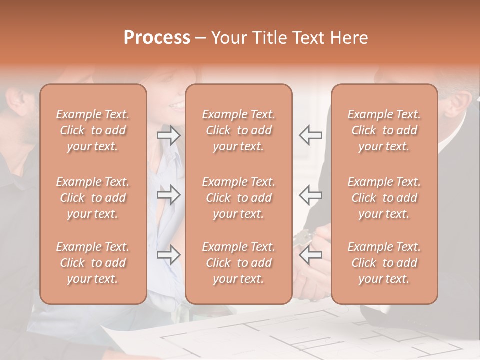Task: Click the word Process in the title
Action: pyautogui.click(x=157, y=37)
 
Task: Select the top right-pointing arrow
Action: pyautogui.click(x=168, y=135)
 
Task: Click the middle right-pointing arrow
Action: pyautogui.click(x=168, y=194)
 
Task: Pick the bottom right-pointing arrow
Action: pyautogui.click(x=168, y=255)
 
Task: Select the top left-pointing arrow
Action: pyautogui.click(x=310, y=135)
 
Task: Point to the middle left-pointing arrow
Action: pyautogui.click(x=310, y=194)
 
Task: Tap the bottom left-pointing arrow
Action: pyautogui.click(x=310, y=255)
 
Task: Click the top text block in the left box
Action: pyautogui.click(x=93, y=130)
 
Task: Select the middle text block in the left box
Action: pyautogui.click(x=93, y=198)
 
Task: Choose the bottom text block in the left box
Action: pyautogui.click(x=93, y=263)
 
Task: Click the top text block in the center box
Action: pyautogui.click(x=238, y=130)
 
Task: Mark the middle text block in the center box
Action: pyautogui.click(x=238, y=198)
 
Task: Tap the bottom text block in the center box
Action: pyautogui.click(x=238, y=263)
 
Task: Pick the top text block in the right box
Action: pyautogui.click(x=384, y=130)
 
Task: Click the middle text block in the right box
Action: pyautogui.click(x=384, y=198)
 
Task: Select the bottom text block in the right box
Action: pyautogui.click(x=384, y=263)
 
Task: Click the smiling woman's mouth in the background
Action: pyautogui.click(x=176, y=105)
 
